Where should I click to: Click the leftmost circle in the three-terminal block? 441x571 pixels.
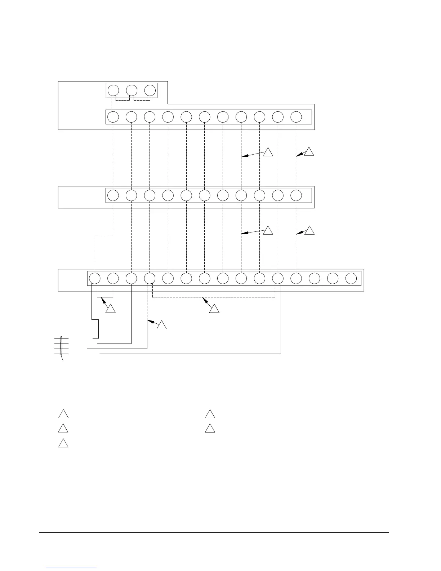(x=113, y=90)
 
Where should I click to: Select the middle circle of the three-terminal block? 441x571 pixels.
(x=132, y=90)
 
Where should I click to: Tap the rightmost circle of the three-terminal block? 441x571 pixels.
(x=150, y=90)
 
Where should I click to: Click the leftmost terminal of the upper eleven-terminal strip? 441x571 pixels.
(x=113, y=117)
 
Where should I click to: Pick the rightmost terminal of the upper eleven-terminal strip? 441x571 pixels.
(x=296, y=117)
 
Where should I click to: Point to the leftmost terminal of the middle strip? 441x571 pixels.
(x=113, y=195)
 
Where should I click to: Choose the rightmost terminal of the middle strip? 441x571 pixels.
(x=296, y=195)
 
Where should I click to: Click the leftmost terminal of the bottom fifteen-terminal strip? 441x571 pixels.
(x=95, y=278)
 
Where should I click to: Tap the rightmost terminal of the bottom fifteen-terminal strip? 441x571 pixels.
(x=351, y=278)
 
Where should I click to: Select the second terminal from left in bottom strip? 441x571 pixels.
(x=113, y=278)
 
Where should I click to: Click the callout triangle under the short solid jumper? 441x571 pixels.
(x=111, y=309)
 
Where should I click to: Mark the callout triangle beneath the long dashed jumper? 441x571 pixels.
(x=214, y=309)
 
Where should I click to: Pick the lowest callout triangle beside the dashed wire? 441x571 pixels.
(x=162, y=325)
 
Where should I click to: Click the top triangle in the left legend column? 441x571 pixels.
(x=63, y=414)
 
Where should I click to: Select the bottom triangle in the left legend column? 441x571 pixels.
(x=63, y=443)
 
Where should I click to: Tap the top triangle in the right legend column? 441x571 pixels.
(x=210, y=414)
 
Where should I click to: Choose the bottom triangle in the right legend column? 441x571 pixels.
(x=210, y=429)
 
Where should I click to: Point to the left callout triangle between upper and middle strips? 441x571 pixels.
(x=268, y=152)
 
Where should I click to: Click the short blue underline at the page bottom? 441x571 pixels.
(x=72, y=568)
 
